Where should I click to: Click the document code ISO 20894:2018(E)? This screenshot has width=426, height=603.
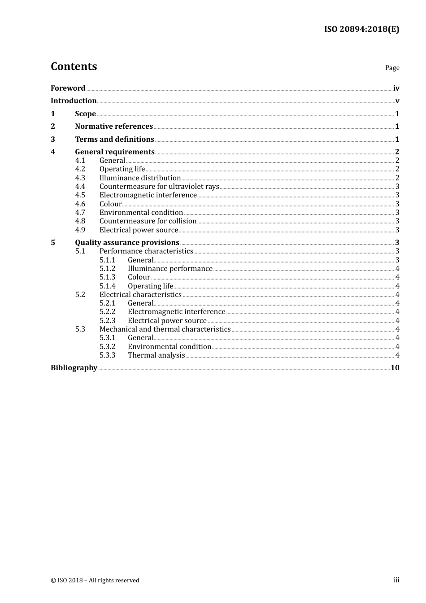click(x=361, y=29)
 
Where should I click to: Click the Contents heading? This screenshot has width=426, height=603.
click(x=74, y=66)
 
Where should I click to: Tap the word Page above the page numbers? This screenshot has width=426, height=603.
click(x=392, y=68)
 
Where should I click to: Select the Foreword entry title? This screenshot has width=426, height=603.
click(x=68, y=88)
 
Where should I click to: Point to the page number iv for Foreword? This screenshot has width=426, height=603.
click(x=396, y=88)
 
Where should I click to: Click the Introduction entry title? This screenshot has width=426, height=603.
click(x=74, y=101)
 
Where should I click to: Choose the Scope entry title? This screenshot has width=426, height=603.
click(x=85, y=114)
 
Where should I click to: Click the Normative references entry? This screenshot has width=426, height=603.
click(x=114, y=127)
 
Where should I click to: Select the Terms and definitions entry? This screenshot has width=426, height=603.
click(x=114, y=140)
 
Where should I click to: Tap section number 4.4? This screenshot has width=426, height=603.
click(x=80, y=187)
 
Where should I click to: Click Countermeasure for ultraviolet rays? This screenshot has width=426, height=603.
click(x=159, y=187)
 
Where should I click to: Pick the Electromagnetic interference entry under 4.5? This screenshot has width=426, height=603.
click(x=148, y=195)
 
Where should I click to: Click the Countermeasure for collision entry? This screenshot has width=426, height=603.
click(x=148, y=221)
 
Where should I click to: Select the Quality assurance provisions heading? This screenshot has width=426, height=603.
click(x=127, y=243)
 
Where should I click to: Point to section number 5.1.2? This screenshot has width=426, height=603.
click(x=107, y=269)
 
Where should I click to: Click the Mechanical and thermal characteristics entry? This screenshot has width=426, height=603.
click(x=165, y=329)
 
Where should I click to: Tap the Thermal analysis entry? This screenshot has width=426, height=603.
click(x=156, y=355)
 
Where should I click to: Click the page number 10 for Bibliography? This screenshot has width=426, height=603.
click(x=395, y=368)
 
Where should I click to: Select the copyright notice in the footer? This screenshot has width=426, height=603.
click(x=95, y=581)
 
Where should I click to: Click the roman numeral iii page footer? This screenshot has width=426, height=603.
click(x=396, y=580)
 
